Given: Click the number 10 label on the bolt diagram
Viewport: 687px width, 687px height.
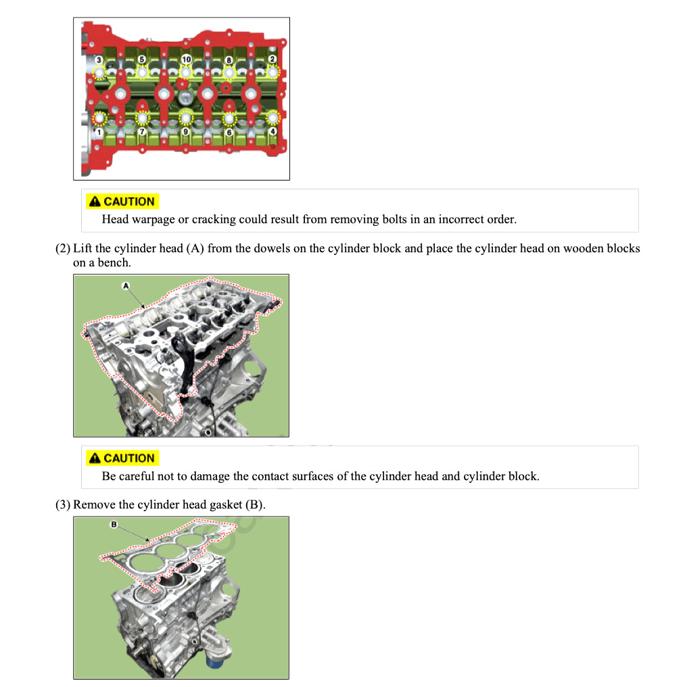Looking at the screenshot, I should pyautogui.click(x=186, y=60).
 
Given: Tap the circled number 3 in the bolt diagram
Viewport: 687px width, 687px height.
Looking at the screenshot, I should pyautogui.click(x=99, y=60).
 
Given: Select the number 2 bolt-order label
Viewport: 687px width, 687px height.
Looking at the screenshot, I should pyautogui.click(x=273, y=60).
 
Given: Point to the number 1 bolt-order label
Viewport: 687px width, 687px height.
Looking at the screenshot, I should pyautogui.click(x=99, y=133).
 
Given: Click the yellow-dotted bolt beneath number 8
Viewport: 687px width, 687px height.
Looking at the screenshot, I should pyautogui.click(x=229, y=72).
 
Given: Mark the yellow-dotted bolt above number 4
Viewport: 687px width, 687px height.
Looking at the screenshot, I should pyautogui.click(x=273, y=118).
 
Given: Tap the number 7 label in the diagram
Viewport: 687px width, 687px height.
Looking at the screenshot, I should pyautogui.click(x=142, y=133).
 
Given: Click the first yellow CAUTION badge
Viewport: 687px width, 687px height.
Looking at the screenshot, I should pyautogui.click(x=122, y=202).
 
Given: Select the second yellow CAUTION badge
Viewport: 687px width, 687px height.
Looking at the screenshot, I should pyautogui.click(x=122, y=458).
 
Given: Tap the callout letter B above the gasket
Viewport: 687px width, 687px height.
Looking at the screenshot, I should pyautogui.click(x=114, y=524).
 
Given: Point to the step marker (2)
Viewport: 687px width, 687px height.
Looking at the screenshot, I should pyautogui.click(x=62, y=248).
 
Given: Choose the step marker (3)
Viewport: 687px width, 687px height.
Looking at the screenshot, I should pyautogui.click(x=62, y=504).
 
